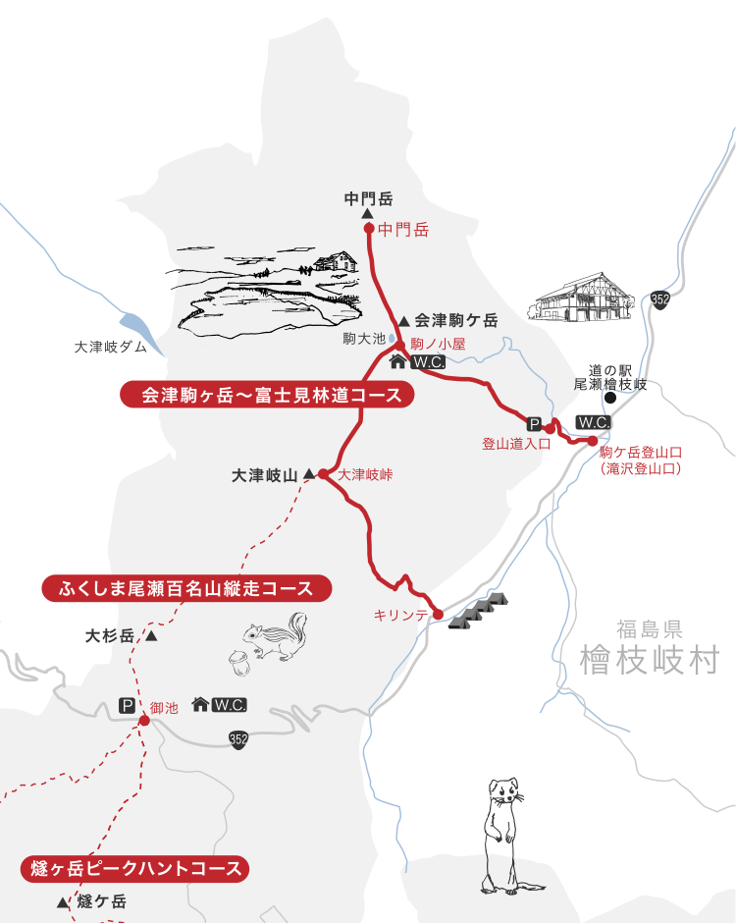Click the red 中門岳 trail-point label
pyautogui.click(x=403, y=230)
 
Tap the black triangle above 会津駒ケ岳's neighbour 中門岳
pyautogui.click(x=367, y=213)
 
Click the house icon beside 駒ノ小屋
pyautogui.click(x=398, y=361)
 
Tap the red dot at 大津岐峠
pyautogui.click(x=323, y=473)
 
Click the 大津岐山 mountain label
pyautogui.click(x=263, y=474)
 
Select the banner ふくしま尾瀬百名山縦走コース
pyautogui.click(x=186, y=588)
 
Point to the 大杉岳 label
pyautogui.click(x=109, y=635)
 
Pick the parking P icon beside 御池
pyautogui.click(x=127, y=705)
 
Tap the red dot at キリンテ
pyautogui.click(x=438, y=615)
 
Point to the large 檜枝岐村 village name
pyautogui.click(x=649, y=659)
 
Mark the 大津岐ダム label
pyautogui.click(x=110, y=348)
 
